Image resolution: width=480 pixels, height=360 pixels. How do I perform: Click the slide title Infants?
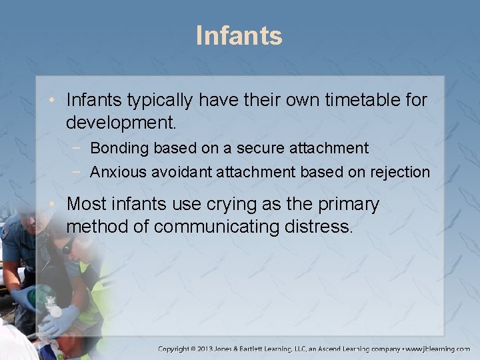(239, 35)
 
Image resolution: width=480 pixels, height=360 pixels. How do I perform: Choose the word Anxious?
(118, 172)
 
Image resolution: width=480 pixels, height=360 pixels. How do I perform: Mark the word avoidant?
(181, 172)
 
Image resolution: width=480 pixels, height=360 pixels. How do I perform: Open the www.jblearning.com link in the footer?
(437, 349)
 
